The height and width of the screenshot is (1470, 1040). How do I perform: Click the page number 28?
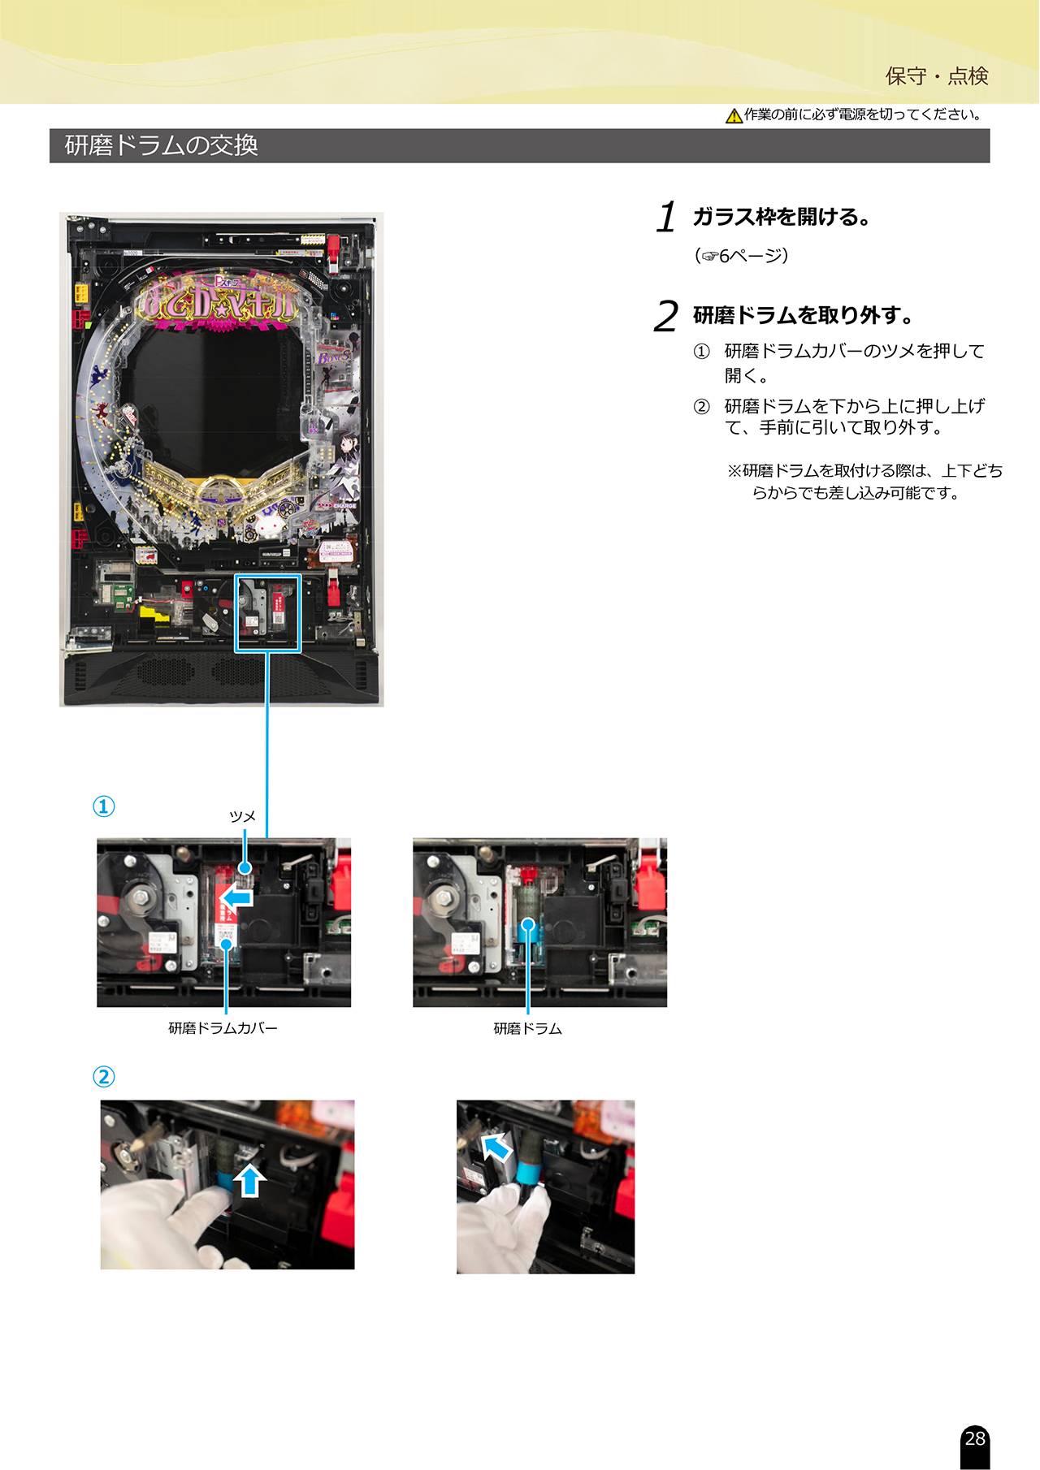[x=974, y=1438]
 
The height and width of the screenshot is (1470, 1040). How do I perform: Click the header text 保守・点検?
[x=937, y=76]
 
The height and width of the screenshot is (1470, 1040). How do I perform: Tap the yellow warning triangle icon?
[x=734, y=116]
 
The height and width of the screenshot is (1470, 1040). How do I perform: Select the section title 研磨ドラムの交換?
[x=162, y=145]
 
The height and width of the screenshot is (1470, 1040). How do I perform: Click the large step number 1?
[x=667, y=218]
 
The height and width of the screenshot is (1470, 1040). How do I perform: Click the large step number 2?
[x=665, y=317]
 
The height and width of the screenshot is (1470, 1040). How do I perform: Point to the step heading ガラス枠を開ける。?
[x=782, y=217]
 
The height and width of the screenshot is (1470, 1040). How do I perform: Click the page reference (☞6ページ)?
[x=741, y=256]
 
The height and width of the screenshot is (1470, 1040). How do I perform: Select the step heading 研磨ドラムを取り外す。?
[x=803, y=315]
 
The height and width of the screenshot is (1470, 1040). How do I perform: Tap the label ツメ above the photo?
[x=242, y=816]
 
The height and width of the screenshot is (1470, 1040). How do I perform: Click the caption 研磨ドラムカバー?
[x=223, y=1028]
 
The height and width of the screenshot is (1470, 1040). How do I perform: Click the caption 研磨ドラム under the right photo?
[x=528, y=1028]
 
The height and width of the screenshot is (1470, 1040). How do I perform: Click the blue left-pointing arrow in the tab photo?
[x=236, y=897]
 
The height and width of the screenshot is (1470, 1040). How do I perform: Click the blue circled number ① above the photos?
[x=102, y=806]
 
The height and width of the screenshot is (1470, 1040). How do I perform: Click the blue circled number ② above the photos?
[x=102, y=1077]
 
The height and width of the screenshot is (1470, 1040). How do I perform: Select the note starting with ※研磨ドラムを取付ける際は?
[x=864, y=482]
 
